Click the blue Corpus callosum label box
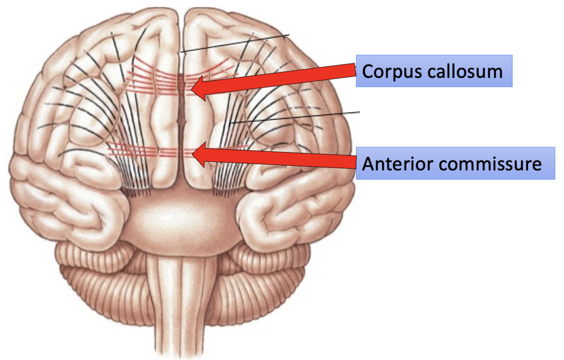[434, 71]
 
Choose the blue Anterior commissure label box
[455, 163]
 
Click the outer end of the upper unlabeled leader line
[289, 35]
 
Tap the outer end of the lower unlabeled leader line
[359, 112]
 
